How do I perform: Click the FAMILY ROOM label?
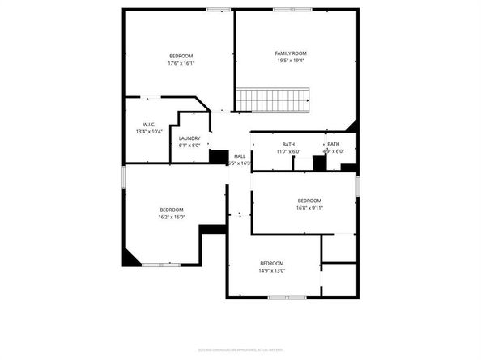tap(291, 53)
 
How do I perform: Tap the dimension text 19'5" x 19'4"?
tap(291, 61)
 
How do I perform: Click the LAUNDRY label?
tap(189, 138)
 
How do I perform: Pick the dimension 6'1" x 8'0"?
tap(189, 146)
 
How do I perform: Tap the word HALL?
tap(240, 156)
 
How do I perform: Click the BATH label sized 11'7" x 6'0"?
tap(288, 144)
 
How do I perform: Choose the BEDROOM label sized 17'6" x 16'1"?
tap(181, 56)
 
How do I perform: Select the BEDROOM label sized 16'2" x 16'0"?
tap(172, 210)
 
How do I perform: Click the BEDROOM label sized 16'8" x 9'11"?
tap(309, 201)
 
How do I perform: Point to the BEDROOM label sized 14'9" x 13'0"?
tap(271, 263)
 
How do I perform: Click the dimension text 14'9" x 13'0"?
tap(271, 270)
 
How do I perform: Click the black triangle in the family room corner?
tap(351, 127)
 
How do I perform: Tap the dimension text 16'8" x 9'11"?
tap(309, 208)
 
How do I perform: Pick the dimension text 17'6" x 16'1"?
tap(181, 63)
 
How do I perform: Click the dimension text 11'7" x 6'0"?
tap(288, 151)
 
